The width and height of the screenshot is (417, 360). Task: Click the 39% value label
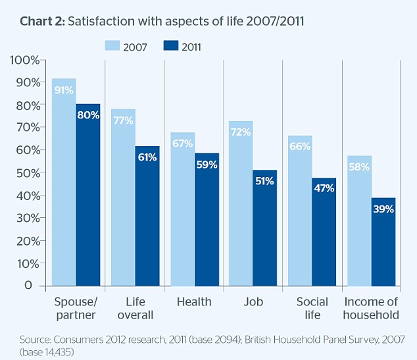point(383,209)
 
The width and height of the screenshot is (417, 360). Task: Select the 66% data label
point(300,146)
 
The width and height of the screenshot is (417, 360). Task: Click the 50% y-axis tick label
point(28,173)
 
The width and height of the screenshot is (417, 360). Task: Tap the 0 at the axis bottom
point(28,286)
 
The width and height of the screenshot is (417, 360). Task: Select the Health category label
point(194,302)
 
